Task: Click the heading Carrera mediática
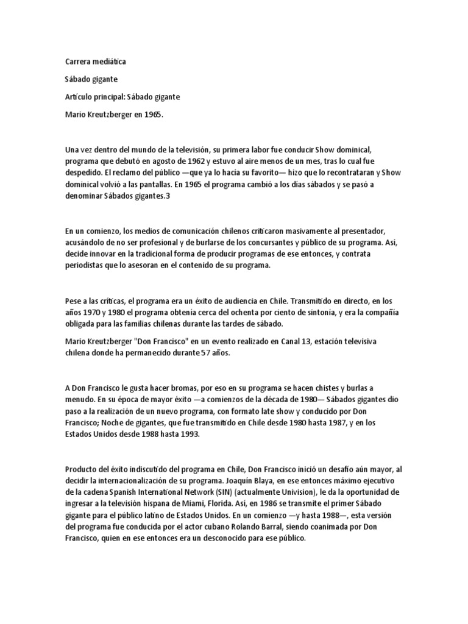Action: (96, 62)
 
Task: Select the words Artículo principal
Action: (91, 97)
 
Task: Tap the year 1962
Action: (195, 161)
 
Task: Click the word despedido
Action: (84, 172)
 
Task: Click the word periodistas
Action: (87, 266)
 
